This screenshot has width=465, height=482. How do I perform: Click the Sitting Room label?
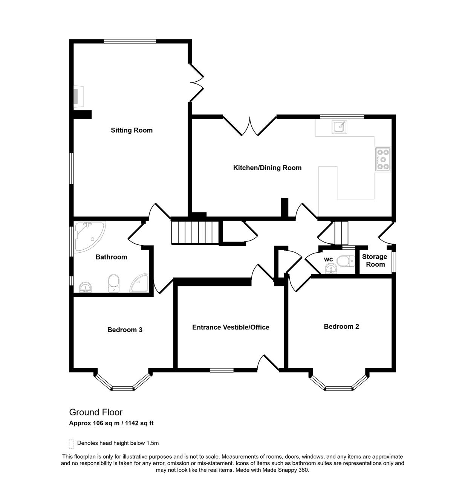pyautogui.click(x=132, y=130)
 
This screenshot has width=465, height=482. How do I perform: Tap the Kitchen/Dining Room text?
pyautogui.click(x=267, y=168)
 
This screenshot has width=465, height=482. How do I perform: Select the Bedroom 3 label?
pyautogui.click(x=125, y=329)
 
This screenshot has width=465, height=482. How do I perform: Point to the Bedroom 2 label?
pyautogui.click(x=341, y=326)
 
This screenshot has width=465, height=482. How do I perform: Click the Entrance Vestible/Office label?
pyautogui.click(x=231, y=327)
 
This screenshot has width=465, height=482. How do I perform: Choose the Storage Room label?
pyautogui.click(x=375, y=260)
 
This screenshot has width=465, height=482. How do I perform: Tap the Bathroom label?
pyautogui.click(x=111, y=257)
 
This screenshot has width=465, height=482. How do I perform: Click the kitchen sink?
pyautogui.click(x=340, y=127)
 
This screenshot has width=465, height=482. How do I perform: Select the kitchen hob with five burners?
pyautogui.click(x=383, y=159)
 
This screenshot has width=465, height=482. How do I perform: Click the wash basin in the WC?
pyautogui.click(x=331, y=269)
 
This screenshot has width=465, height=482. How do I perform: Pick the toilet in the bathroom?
pyautogui.click(x=114, y=283)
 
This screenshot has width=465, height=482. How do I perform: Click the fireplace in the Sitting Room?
pyautogui.click(x=78, y=97)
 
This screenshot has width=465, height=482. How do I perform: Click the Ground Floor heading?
pyautogui.click(x=96, y=412)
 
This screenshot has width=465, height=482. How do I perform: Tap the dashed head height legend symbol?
pyautogui.click(x=71, y=444)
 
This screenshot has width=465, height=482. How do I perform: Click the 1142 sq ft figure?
pyautogui.click(x=139, y=423)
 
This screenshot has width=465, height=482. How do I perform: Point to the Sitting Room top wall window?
pyautogui.click(x=130, y=41)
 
